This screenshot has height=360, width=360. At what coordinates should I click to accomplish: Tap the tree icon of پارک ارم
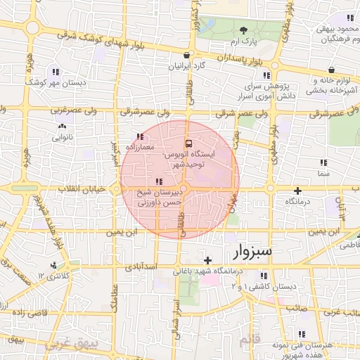(x=243, y=30)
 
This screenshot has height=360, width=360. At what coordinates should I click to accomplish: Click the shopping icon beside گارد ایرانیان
(x=186, y=55)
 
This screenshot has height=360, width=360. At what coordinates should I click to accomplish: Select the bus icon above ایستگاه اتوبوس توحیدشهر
(x=187, y=142)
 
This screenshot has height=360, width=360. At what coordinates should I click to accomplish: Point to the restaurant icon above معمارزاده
(x=139, y=136)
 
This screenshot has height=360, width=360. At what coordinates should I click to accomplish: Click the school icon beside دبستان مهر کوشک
(x=54, y=72)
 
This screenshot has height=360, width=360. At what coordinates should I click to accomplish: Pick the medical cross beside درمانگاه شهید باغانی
(x=207, y=261)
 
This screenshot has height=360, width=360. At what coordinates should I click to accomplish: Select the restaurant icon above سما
(x=323, y=162)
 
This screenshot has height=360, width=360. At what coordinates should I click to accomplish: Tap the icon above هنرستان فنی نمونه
(x=302, y=334)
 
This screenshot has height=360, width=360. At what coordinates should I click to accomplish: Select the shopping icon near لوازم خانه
(x=330, y=70)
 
